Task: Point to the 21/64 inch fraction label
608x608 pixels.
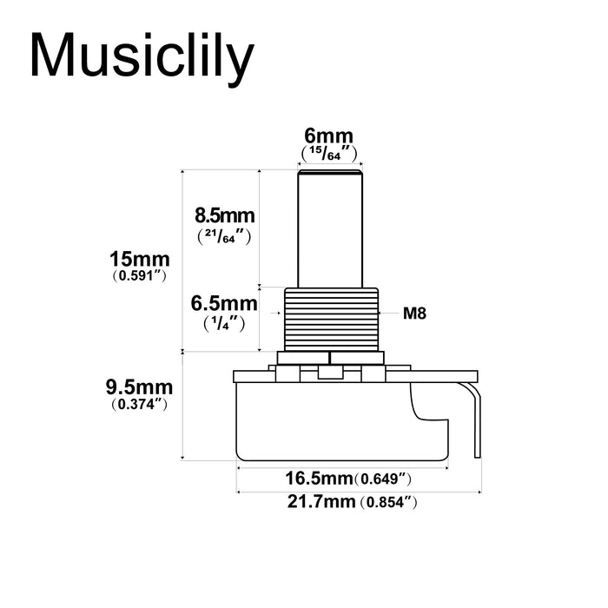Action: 223,235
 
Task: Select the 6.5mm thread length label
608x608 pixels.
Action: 223,303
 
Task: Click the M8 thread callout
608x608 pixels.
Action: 414,314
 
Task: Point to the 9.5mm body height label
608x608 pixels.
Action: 140,386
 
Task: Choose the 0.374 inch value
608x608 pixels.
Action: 140,405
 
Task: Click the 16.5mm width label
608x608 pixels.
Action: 317,478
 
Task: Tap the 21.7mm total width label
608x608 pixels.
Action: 316,502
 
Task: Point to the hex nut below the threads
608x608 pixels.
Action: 330,357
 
